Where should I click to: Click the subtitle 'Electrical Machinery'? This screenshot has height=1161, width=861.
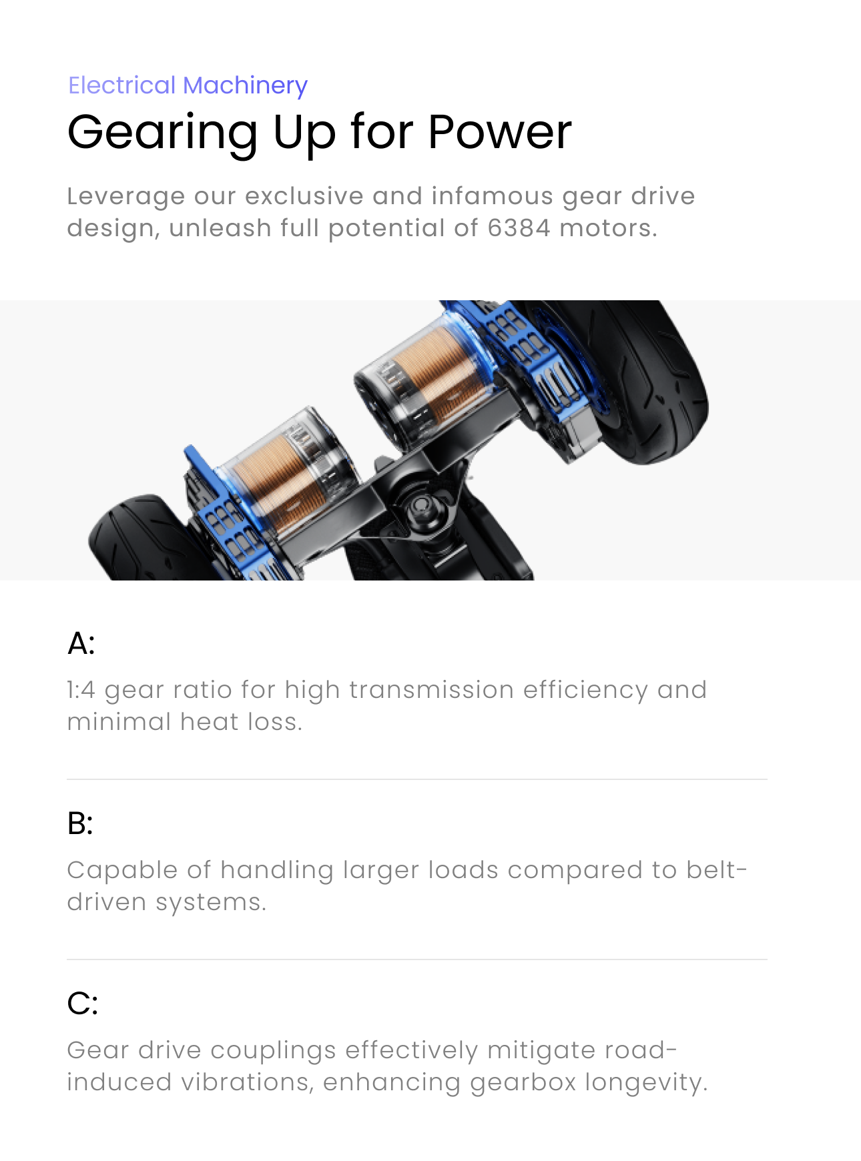click(x=188, y=85)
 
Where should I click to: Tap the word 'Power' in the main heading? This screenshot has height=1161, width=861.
click(x=500, y=131)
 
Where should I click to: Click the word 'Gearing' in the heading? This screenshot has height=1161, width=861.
click(x=163, y=134)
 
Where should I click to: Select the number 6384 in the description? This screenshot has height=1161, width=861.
click(x=519, y=228)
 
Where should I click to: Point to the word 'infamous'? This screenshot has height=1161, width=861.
click(x=492, y=196)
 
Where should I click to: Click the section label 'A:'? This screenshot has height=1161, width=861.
click(x=81, y=643)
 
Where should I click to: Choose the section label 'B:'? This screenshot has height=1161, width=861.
click(x=80, y=823)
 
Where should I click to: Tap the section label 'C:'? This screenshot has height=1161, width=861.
click(x=83, y=1004)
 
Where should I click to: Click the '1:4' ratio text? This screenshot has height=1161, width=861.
click(x=81, y=690)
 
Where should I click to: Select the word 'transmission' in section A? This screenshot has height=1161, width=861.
click(x=431, y=690)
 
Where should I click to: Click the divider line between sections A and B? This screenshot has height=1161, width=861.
click(x=417, y=779)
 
